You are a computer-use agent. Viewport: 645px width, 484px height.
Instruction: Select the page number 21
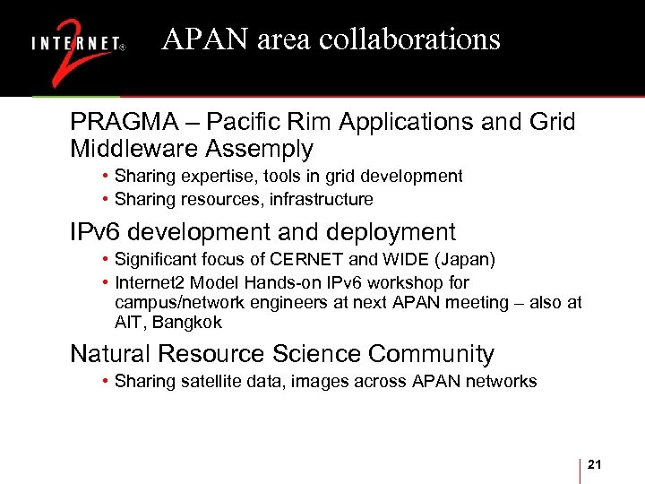coord(596,463)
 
